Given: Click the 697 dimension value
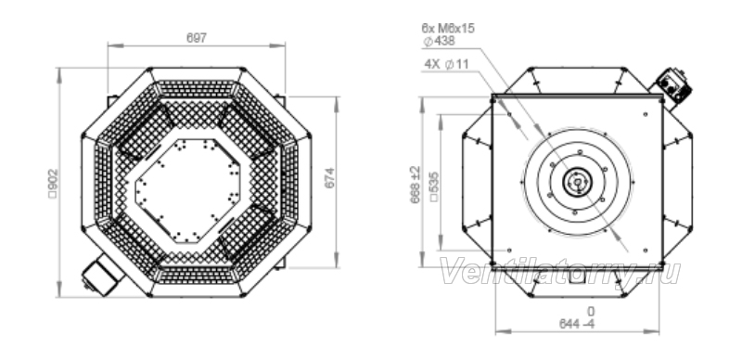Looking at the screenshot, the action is coord(197,38).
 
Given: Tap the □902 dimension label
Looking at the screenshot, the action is coord(53,184).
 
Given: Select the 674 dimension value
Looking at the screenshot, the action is coord(329,178).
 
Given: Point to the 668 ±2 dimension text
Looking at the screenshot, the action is coord(415,185).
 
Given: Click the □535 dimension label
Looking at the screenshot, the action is coord(433,187).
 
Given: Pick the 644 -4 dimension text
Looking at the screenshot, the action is coord(577,324).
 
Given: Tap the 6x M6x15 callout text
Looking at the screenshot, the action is coord(448,29).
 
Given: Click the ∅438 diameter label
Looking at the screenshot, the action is coord(439,41).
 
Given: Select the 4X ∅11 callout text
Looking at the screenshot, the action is coord(446,64).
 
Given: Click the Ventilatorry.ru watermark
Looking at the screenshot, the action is coord(560,272).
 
